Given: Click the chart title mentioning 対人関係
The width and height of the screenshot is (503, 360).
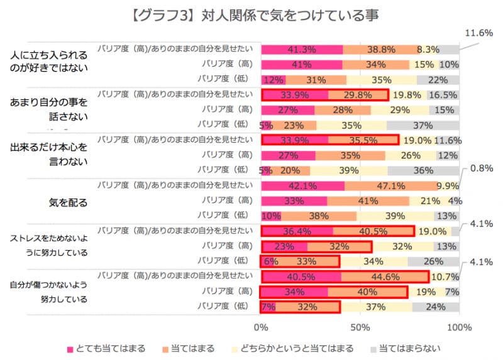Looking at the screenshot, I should tap(251, 13).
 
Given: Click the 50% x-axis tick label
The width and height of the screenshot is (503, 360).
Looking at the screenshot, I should tap(359, 327).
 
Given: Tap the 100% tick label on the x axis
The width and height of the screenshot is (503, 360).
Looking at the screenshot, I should tap(458, 327).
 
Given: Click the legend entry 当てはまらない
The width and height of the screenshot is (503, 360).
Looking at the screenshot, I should tap(408, 347).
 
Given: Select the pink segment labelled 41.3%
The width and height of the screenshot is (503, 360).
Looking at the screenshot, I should tap(302, 49).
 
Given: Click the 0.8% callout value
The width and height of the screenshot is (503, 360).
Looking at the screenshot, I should tap(477, 168).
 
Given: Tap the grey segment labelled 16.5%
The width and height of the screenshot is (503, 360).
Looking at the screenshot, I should tap(443, 95).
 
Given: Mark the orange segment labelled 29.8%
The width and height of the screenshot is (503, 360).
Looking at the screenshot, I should tap(357, 95).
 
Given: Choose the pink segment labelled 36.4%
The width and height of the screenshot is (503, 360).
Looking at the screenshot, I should tap(297, 231).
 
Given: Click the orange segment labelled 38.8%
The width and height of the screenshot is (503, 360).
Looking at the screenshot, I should tap(381, 49).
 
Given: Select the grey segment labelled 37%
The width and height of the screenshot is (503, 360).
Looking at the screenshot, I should tap(423, 124).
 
